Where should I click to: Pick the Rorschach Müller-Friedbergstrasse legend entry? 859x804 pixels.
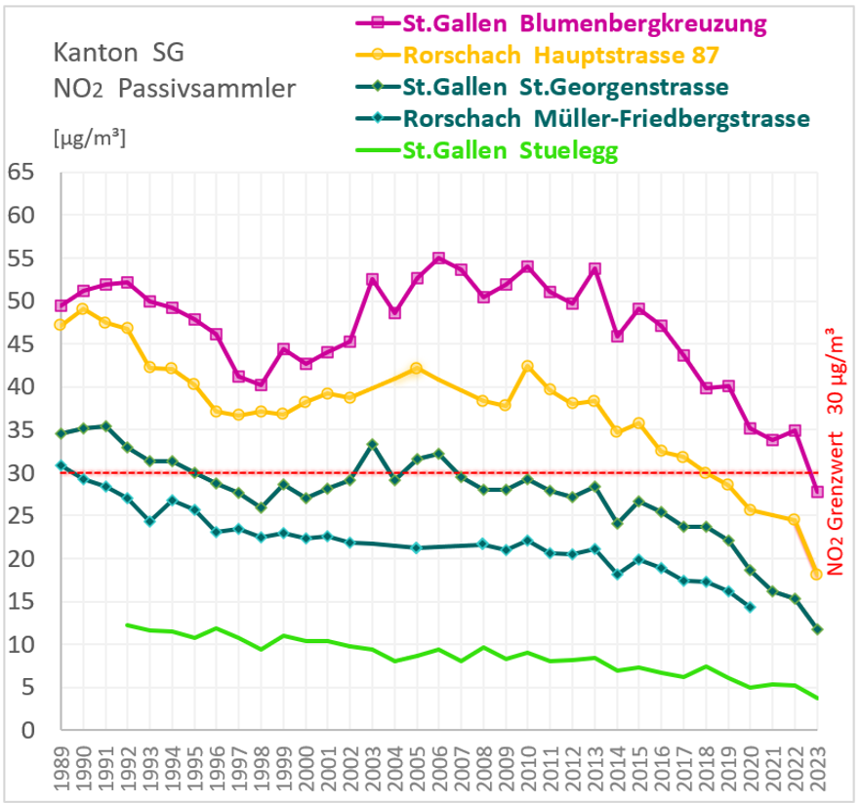click(x=605, y=119)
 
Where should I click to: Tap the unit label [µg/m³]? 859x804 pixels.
click(x=89, y=138)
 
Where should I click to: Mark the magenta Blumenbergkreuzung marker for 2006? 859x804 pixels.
click(x=438, y=259)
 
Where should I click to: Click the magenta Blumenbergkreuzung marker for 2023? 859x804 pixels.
click(x=817, y=492)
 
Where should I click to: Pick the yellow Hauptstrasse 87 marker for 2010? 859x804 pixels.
click(x=528, y=367)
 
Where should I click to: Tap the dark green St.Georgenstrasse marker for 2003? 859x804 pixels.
click(x=372, y=444)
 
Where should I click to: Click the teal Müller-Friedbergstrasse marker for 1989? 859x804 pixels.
click(x=61, y=465)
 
